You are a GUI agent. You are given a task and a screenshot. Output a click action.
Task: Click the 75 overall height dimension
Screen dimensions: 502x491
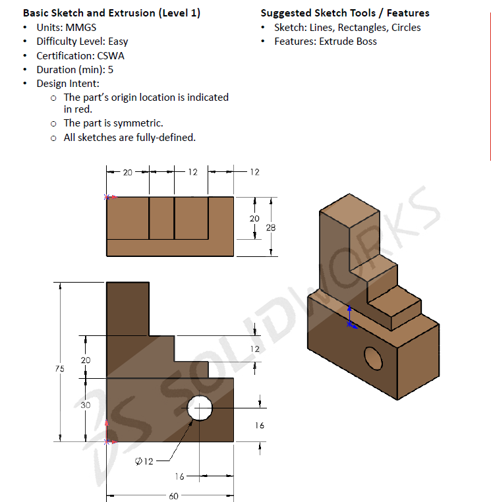[60, 370]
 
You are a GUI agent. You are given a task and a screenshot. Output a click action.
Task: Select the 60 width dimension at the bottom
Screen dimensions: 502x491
[173, 496]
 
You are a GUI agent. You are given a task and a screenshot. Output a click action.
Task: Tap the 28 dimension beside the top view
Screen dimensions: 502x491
[270, 227]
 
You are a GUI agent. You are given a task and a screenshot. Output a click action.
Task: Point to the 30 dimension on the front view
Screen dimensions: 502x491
[86, 405]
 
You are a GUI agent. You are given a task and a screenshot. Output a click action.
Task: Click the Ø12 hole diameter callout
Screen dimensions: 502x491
[144, 461]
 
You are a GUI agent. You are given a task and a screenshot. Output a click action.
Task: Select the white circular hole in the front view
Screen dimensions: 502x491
[200, 408]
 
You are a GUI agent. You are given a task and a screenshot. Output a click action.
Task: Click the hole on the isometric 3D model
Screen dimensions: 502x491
[374, 358]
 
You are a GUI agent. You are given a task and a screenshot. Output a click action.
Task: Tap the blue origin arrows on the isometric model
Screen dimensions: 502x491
[351, 318]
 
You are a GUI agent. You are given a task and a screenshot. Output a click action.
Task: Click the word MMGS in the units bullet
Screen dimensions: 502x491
[81, 28]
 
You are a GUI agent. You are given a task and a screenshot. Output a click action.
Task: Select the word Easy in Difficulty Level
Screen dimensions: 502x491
[118, 42]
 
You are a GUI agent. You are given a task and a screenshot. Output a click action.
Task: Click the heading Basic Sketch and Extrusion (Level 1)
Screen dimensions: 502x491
[111, 13]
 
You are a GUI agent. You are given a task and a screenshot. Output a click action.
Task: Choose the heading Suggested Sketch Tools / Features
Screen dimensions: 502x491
[345, 13]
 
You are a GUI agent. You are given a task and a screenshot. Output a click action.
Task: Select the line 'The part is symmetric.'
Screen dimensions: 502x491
[113, 123]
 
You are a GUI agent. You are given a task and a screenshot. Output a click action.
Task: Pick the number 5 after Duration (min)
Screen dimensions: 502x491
[111, 69]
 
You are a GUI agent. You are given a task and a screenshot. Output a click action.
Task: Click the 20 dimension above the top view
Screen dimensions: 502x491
[127, 173]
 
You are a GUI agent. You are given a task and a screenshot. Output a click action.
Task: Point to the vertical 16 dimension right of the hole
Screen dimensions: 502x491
[260, 426]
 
